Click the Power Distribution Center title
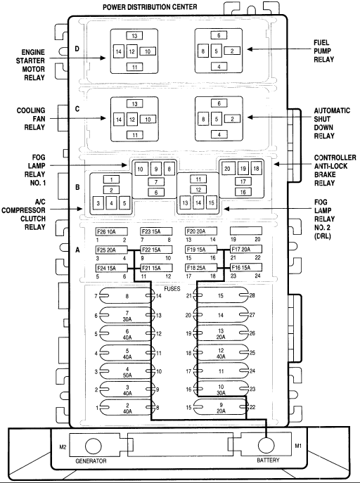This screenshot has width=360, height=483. (150, 7)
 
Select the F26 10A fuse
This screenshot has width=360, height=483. (112, 231)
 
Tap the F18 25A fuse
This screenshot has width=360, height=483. (201, 268)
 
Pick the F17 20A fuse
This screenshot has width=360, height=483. (246, 249)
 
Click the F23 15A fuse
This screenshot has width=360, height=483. (156, 231)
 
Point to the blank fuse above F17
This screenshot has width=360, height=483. (246, 231)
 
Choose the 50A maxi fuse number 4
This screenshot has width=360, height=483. (127, 371)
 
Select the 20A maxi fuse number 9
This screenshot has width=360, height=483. (221, 407)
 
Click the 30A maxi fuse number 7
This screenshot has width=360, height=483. (127, 316)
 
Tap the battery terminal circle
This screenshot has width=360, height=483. (266, 446)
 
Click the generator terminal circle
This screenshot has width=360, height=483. (93, 446)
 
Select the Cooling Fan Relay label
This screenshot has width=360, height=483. (31, 119)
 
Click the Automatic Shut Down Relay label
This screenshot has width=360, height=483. (332, 123)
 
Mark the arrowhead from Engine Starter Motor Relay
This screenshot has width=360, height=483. (103, 58)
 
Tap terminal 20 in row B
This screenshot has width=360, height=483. (227, 169)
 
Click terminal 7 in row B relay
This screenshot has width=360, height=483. (156, 182)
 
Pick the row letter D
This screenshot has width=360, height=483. (77, 49)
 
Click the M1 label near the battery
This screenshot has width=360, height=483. (298, 446)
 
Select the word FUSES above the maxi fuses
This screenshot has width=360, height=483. (172, 289)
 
